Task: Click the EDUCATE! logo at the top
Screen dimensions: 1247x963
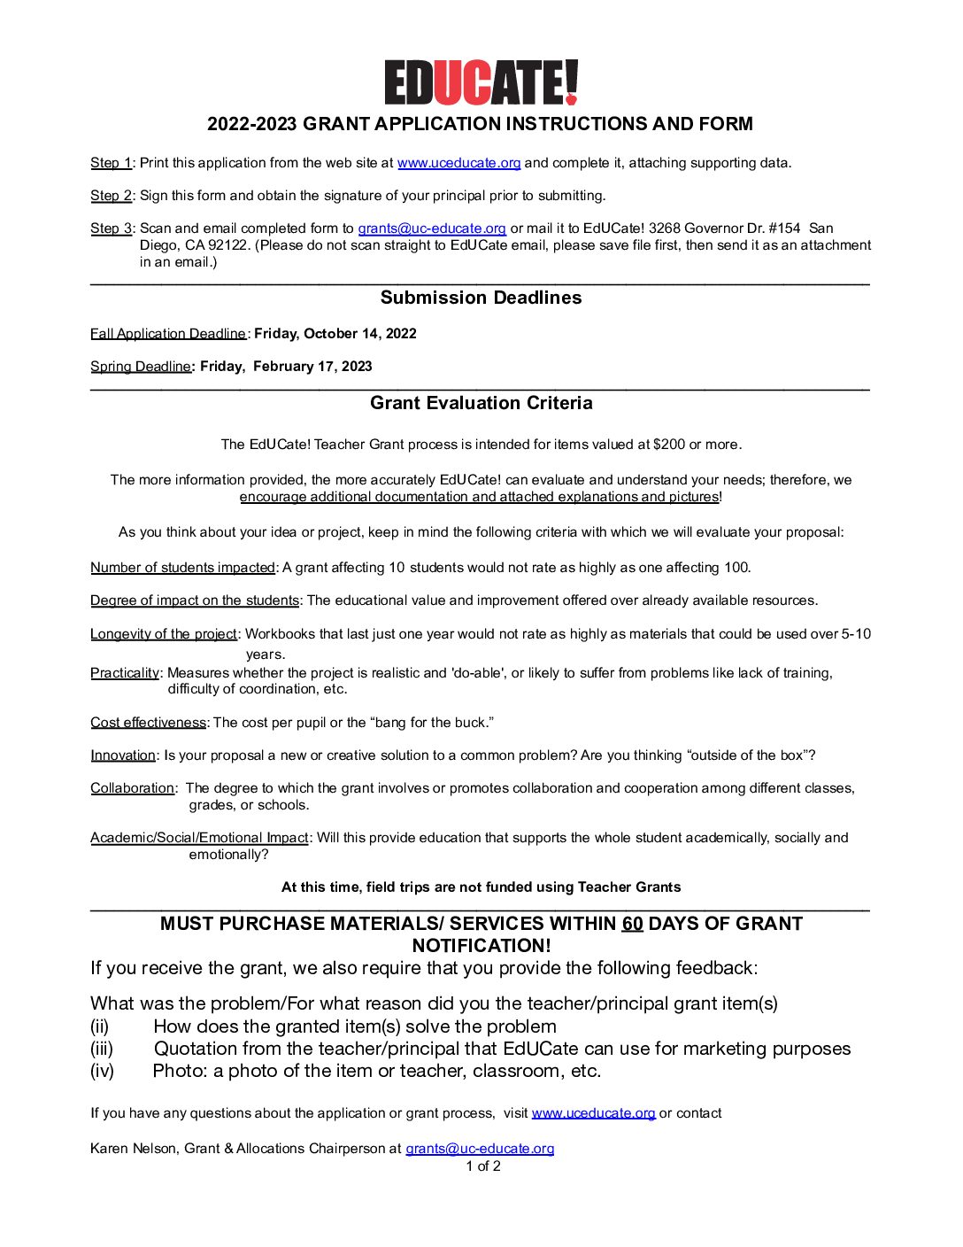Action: [x=481, y=83]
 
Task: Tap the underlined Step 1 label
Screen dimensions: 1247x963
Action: [x=111, y=163]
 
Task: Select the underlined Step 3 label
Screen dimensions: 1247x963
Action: [x=111, y=228]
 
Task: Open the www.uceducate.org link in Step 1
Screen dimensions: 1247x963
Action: [x=458, y=163]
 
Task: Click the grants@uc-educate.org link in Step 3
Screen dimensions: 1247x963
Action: [x=432, y=228]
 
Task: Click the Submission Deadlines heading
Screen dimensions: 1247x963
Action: [x=481, y=298]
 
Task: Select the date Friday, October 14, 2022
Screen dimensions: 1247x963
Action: [x=335, y=334]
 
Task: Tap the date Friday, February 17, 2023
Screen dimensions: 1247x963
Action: [x=286, y=367]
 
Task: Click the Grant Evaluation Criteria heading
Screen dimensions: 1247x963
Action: [x=481, y=403]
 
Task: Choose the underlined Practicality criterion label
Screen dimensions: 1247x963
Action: [x=125, y=673]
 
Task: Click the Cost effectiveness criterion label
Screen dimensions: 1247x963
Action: [x=148, y=723]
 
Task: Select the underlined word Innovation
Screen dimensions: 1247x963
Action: [x=123, y=755]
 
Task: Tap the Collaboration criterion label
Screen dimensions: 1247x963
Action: [x=132, y=788]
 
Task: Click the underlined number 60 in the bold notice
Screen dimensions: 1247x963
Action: [x=632, y=924]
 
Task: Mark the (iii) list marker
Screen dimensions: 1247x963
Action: [x=102, y=1049]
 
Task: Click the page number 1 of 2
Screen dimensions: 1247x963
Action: [x=483, y=1166]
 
